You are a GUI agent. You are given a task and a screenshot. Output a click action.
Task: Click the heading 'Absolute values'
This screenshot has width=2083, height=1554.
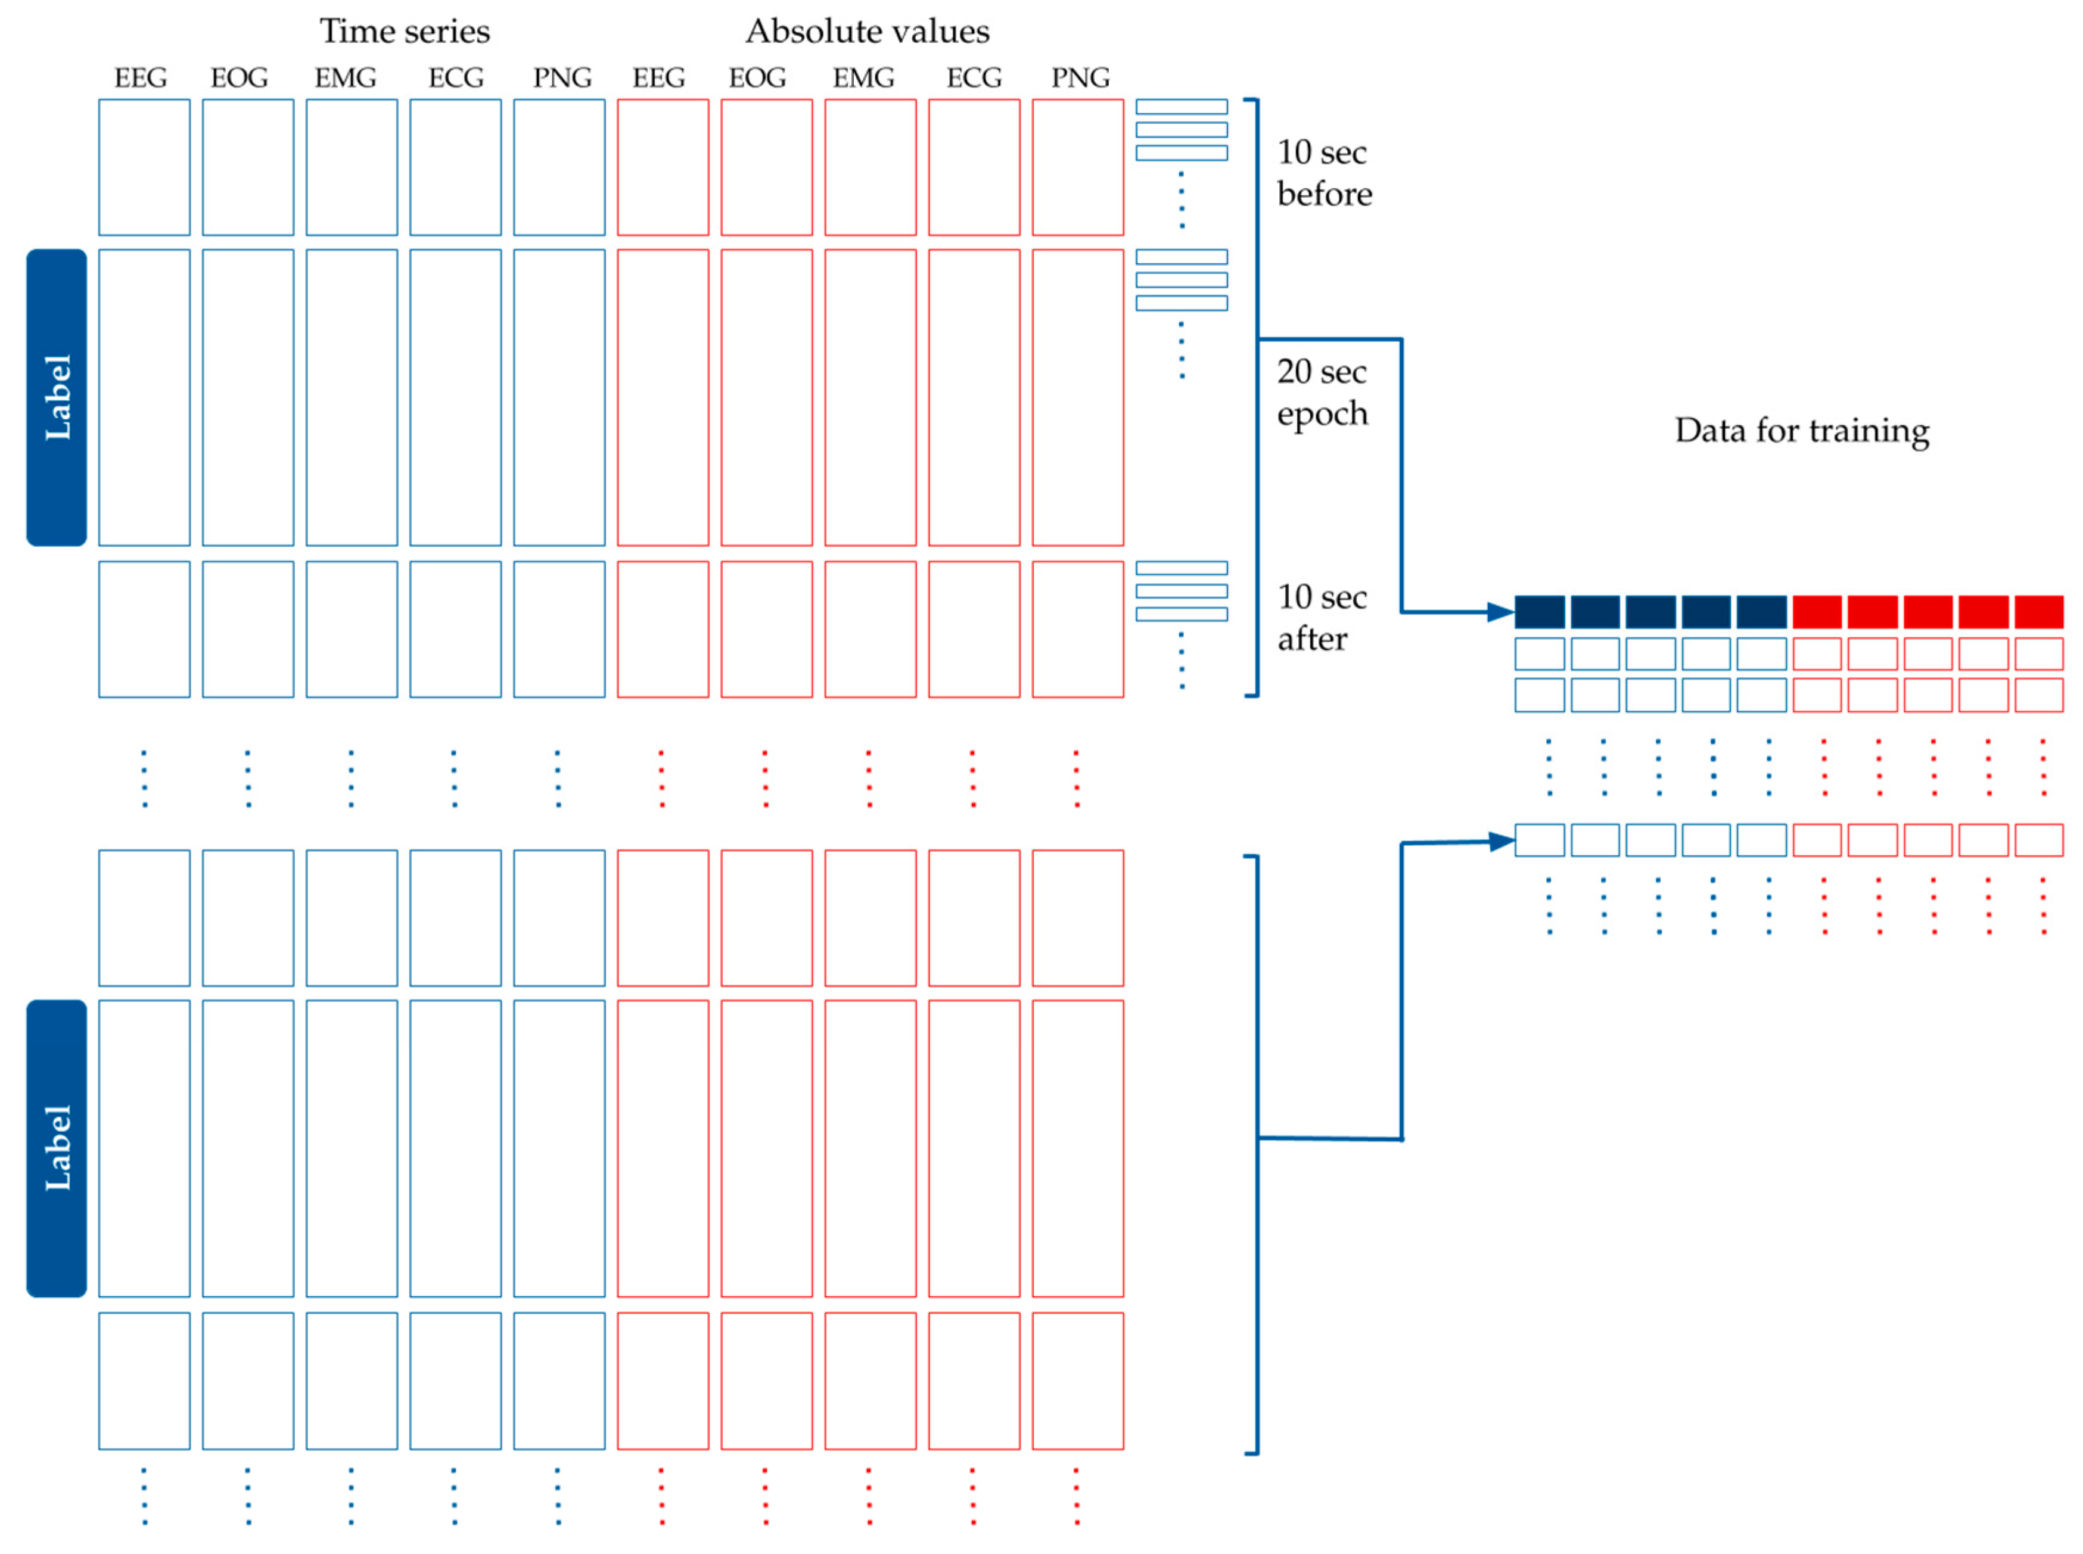866,31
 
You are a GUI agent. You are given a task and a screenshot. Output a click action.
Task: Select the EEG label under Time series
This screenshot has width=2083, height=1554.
140,77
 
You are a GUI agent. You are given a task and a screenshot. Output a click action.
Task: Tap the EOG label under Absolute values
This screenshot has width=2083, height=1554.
757,77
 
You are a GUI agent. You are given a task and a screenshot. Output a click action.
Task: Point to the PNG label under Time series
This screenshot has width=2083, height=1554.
562,77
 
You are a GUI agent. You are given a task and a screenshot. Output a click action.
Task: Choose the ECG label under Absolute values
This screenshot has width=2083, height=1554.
973,77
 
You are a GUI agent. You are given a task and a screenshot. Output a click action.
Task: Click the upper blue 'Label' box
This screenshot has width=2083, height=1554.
57,397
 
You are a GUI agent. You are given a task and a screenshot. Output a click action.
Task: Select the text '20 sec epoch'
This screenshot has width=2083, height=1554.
1321,393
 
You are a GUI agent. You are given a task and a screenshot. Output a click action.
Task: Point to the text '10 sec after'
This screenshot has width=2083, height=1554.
1321,617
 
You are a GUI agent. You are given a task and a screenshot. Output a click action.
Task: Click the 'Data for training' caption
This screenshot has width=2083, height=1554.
1801,430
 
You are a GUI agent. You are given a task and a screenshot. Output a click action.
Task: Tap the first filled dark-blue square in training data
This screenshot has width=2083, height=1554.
1538,612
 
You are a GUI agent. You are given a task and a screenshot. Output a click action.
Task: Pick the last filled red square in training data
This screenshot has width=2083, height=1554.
2038,612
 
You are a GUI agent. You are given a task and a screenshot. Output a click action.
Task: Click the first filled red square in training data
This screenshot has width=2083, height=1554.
1816,612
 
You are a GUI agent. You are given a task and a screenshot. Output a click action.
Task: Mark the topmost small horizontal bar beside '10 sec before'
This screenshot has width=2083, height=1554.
1181,106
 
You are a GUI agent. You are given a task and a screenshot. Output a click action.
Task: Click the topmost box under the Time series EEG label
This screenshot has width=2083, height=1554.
144,167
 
